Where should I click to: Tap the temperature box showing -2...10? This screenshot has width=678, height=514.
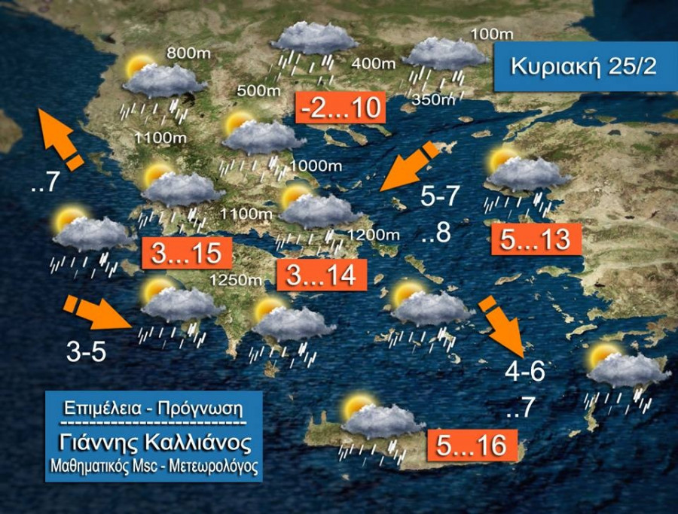click(341, 108)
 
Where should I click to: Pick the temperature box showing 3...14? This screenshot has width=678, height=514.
click(321, 275)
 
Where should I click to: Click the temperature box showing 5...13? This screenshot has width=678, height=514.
click(535, 240)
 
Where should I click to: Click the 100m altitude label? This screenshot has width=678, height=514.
click(491, 34)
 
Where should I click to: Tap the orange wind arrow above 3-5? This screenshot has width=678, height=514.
click(96, 312)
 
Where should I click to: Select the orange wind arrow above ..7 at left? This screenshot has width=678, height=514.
click(60, 139)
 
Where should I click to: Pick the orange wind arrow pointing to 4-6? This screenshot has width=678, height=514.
click(503, 324)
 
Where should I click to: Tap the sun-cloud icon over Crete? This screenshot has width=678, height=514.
click(371, 418)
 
